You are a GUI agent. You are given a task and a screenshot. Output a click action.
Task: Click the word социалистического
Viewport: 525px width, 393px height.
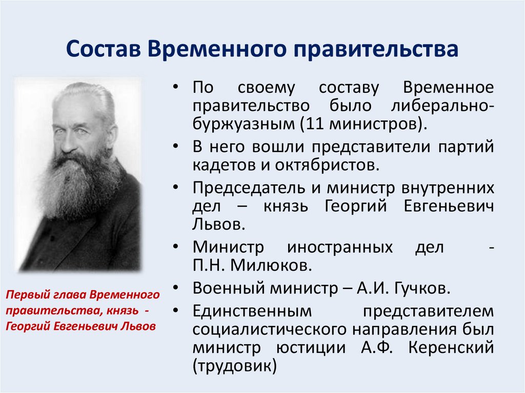[x=271, y=329]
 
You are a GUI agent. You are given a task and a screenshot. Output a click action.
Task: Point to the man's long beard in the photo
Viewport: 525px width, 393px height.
[x=77, y=184]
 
